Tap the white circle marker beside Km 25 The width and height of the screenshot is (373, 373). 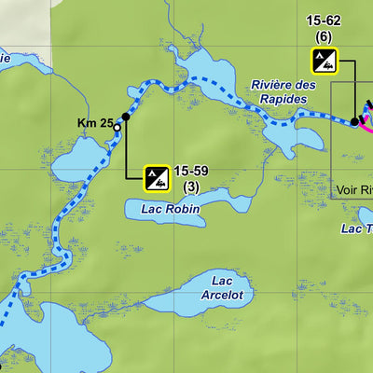117,128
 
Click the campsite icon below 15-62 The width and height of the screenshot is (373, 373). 323,62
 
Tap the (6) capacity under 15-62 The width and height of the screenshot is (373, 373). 323,37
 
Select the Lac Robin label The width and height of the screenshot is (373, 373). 171,210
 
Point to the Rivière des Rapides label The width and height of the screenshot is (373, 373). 279,91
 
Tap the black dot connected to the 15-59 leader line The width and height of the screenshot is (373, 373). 126,117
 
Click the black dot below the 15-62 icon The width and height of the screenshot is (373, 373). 354,121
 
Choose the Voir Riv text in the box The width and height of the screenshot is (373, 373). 353,189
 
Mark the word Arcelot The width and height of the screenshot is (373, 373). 222,296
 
